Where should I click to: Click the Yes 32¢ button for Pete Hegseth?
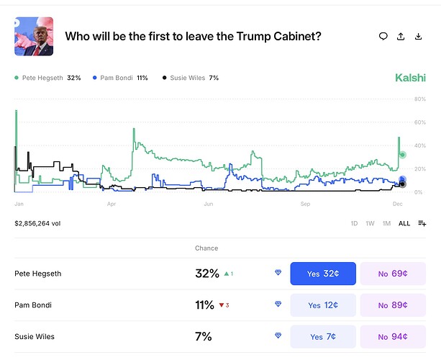[x=323, y=274]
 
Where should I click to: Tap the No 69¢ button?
[x=393, y=274]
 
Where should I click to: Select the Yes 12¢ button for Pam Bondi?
[x=323, y=305]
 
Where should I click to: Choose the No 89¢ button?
[x=393, y=305]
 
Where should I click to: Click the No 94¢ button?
[x=393, y=336]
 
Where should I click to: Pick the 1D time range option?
[x=354, y=223]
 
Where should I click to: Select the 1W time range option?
[x=370, y=223]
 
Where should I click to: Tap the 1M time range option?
[x=386, y=223]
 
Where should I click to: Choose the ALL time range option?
[x=404, y=223]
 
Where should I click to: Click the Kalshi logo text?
[x=410, y=77]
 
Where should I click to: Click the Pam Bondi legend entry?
[x=120, y=77]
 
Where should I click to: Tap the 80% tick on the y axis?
[x=421, y=99]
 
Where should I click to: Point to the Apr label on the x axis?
[x=111, y=204]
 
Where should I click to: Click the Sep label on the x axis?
[x=305, y=204]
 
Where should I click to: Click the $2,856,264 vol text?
[x=37, y=223]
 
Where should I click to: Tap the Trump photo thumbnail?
[x=34, y=37]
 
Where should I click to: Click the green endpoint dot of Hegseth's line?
[x=403, y=155]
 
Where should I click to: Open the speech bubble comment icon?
[x=383, y=36]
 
